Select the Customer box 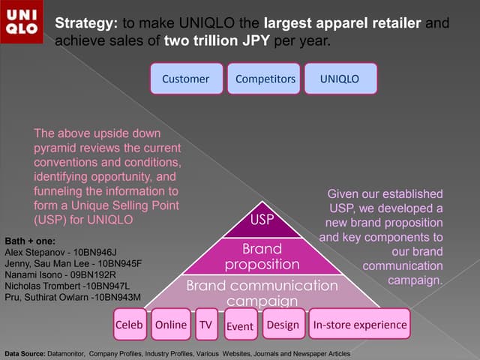186,78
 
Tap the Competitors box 265,78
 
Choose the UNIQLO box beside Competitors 340,78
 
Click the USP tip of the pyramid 261,220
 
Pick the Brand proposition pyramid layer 262,256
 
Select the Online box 170,325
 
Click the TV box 205,325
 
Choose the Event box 240,325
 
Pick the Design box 282,325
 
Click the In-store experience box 359,325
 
